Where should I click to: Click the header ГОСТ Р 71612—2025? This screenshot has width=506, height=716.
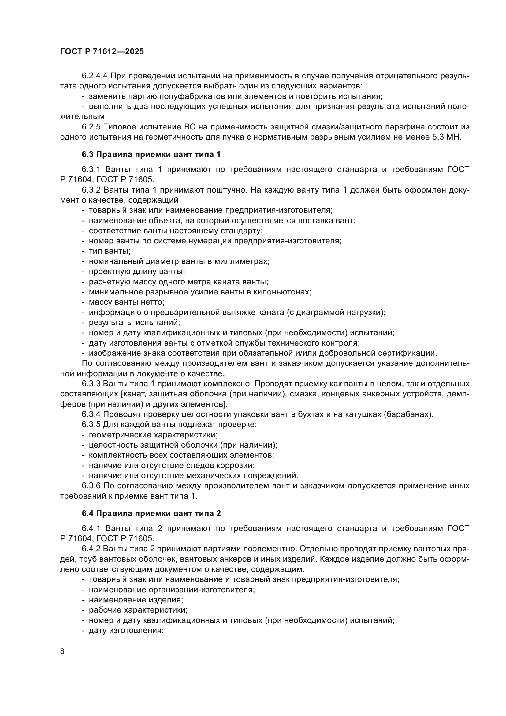coord(102,52)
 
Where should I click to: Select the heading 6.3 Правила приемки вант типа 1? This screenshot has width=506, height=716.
coord(151,154)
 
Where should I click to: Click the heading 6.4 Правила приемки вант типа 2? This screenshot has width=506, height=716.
coord(151,513)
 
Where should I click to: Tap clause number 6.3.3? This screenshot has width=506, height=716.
coord(91,384)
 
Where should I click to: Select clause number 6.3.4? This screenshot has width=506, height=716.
coord(91,414)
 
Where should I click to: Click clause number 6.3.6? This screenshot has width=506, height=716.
coord(91,485)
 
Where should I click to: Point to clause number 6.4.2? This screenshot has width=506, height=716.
coord(91,549)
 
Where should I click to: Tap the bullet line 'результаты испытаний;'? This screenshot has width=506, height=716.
coord(134,322)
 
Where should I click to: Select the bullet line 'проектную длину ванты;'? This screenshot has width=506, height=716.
coord(137,271)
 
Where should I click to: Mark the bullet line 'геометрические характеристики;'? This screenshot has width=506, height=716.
coord(153,435)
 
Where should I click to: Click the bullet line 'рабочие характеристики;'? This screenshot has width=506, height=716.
coord(138,610)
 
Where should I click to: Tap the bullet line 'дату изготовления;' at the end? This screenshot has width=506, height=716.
coord(126,630)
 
